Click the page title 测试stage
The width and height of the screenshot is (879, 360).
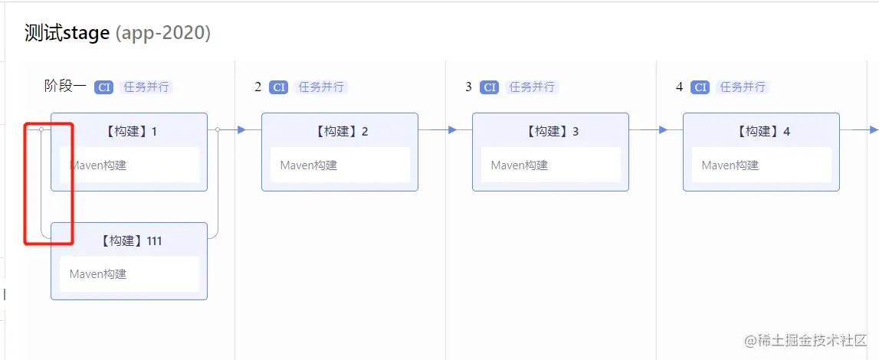click(x=67, y=34)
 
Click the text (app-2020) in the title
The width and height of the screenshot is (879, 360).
click(x=163, y=34)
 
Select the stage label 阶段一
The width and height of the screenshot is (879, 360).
click(x=65, y=87)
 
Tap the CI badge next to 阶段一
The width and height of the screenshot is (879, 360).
click(x=103, y=87)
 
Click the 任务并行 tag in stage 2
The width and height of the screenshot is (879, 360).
click(x=321, y=87)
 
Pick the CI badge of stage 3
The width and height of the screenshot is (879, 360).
click(x=489, y=87)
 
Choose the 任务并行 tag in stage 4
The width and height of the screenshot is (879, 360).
click(x=743, y=87)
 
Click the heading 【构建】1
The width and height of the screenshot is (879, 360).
click(x=129, y=131)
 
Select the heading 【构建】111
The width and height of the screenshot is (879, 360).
click(x=129, y=241)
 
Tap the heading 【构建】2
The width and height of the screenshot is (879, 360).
click(x=339, y=131)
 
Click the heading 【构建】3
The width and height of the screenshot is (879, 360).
click(x=550, y=131)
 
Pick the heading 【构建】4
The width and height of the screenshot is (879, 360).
click(x=761, y=131)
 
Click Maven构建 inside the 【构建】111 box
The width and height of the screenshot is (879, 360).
click(x=98, y=273)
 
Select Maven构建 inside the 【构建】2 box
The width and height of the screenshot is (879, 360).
click(x=309, y=165)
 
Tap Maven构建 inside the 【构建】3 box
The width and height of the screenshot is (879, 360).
click(x=520, y=165)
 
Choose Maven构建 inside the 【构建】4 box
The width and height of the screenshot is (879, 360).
click(x=730, y=165)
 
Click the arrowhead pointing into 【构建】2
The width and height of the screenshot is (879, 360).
click(x=241, y=129)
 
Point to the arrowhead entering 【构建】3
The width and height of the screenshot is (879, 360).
click(x=452, y=129)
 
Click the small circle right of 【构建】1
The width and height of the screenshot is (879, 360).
click(x=218, y=129)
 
